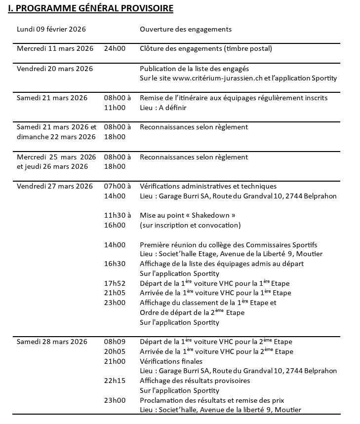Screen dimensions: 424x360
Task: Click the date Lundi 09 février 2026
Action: point(51,29)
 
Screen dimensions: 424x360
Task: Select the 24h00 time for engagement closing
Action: point(115,48)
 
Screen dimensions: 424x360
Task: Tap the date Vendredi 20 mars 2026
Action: point(55,69)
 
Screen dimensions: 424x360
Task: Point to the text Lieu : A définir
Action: point(163,108)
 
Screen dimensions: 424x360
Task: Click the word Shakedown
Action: point(210,216)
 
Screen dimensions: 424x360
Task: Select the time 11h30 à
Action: point(118,216)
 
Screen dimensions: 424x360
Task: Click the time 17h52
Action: point(115,283)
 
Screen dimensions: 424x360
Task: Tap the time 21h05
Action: point(115,293)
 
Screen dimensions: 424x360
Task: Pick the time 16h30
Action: point(115,264)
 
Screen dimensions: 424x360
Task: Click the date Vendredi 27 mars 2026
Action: point(55,186)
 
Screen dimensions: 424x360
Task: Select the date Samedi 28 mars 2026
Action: point(52,342)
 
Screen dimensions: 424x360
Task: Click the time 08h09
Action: point(115,342)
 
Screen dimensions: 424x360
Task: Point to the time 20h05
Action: point(115,351)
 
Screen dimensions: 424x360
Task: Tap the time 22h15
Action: point(115,381)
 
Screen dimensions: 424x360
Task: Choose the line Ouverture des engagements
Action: point(186,29)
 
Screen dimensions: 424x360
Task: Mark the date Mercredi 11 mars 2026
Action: point(55,48)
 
